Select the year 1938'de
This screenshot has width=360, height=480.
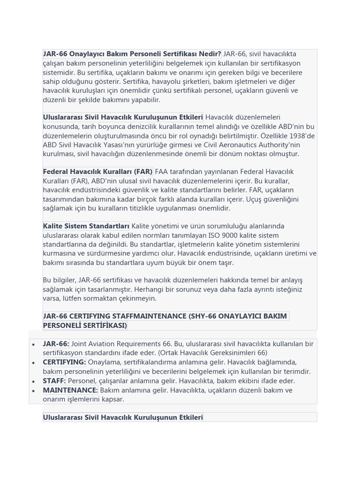click(300, 135)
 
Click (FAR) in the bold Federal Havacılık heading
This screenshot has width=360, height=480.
click(143, 172)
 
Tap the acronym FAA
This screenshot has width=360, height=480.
click(162, 172)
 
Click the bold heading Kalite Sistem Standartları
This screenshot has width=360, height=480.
click(86, 226)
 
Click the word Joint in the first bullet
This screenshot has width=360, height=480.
click(80, 344)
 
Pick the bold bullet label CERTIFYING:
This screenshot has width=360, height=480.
click(64, 362)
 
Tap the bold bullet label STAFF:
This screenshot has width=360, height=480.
click(54, 381)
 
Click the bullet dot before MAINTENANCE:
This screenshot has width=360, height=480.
click(33, 390)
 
